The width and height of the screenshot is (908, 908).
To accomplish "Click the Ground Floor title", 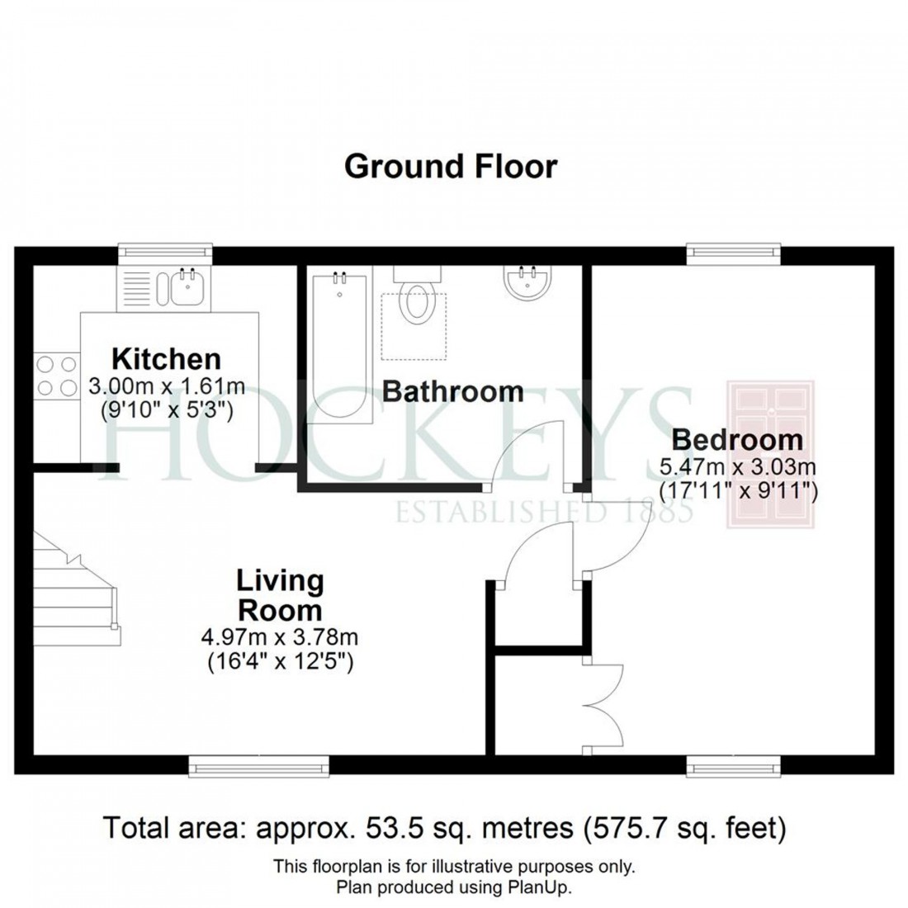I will pos(451,167).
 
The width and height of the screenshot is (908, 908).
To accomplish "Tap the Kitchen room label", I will pos(166,359).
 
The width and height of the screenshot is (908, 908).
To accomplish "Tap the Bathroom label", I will pos(452,391).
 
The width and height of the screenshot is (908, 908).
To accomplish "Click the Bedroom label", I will pos(737,439).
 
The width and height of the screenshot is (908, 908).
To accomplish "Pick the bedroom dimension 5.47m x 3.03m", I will pos(737,467).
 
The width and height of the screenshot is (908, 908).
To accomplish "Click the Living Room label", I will pos(280,596).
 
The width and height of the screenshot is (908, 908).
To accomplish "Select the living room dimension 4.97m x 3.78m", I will pos(279,637).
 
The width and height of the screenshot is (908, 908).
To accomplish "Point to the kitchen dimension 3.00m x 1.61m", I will pos(166,385).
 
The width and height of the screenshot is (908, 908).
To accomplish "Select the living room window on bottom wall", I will pos(258,766).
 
